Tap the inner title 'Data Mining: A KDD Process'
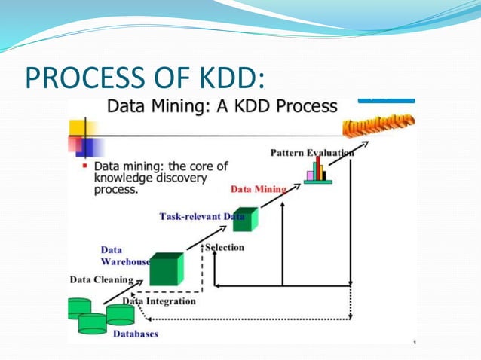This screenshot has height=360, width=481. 222,106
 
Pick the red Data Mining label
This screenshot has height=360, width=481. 259,188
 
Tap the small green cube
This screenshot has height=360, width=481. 245,218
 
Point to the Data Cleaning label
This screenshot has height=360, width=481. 101,279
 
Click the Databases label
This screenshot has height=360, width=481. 136,334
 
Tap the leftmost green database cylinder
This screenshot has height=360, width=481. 78,307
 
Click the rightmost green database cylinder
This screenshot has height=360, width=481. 120,314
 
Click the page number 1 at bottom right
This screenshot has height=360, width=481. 414,343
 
